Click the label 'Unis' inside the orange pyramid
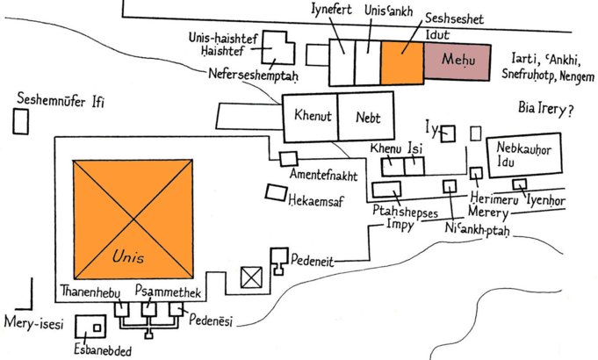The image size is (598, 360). coord(128,257)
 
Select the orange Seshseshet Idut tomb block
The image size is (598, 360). coord(403,61)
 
